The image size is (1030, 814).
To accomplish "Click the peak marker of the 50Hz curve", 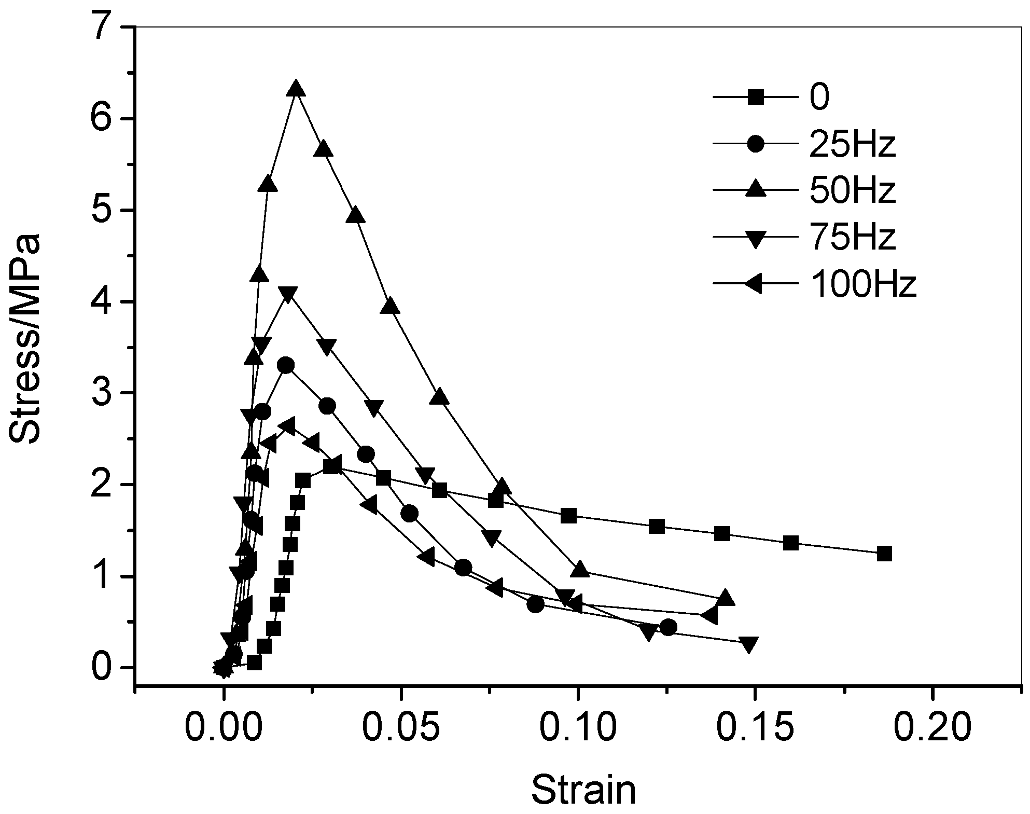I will (296, 89).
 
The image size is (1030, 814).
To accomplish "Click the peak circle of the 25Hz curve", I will (286, 365).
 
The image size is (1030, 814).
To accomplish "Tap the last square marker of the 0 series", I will (884, 554).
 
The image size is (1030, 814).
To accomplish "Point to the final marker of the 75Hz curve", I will (748, 644).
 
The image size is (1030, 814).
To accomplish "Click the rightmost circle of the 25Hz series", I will (669, 627).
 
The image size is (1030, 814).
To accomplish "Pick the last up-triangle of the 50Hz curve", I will (726, 598).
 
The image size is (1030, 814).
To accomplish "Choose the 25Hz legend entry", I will (852, 144).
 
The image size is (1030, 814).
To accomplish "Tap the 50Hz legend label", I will (852, 191).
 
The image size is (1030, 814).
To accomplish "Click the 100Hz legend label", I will (862, 284).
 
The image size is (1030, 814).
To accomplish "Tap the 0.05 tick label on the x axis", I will (400, 728).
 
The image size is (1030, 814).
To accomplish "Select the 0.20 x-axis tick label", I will (932, 728).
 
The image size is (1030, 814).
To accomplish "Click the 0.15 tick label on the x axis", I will (755, 728).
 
